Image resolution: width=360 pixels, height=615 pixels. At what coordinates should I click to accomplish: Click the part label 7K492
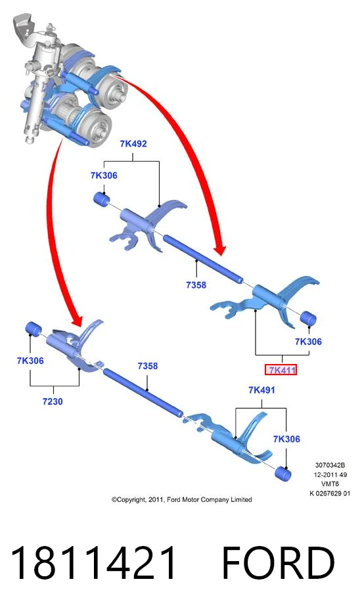point(133,143)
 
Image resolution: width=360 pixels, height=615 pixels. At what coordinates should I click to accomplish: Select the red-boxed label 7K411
point(281,369)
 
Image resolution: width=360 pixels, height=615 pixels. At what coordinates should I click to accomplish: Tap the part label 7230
point(53,401)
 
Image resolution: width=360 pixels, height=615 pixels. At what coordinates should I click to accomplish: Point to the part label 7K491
point(261,390)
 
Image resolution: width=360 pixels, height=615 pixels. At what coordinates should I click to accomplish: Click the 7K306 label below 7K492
point(104,175)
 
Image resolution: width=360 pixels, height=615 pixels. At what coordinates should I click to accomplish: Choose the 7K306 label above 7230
point(30,361)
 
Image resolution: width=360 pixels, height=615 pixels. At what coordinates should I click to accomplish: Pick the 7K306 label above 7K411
point(308,341)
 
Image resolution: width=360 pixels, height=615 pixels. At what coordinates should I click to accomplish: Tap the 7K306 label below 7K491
point(286,439)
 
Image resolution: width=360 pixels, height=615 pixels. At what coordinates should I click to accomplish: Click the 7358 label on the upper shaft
point(196,285)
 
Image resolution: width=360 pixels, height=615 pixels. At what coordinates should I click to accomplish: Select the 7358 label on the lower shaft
point(147,365)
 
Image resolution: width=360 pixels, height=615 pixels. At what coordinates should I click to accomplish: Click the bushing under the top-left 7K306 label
point(102,198)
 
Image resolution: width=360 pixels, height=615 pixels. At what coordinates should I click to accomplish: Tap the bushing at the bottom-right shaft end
point(283,474)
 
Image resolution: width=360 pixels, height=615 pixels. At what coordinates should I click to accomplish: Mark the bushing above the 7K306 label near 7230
point(34,329)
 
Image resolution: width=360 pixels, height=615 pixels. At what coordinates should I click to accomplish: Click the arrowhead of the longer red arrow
point(220,250)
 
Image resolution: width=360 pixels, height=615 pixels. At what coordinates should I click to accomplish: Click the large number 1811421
point(93,563)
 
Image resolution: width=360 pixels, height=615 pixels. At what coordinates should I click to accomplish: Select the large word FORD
point(278,563)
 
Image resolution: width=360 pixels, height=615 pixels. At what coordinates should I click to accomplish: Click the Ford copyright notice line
point(181,499)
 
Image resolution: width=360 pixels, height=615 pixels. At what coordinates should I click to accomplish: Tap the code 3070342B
point(330,465)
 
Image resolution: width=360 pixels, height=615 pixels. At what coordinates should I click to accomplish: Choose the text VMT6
point(330,484)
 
